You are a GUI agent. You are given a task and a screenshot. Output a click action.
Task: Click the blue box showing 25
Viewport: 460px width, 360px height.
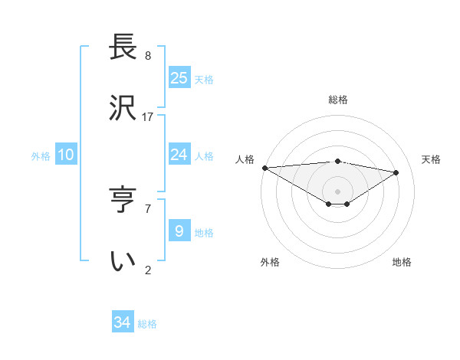[x=179, y=77]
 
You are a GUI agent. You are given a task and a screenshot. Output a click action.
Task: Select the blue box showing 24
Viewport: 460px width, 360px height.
[x=179, y=155]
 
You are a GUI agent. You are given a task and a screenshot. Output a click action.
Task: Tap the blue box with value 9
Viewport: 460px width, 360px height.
[x=179, y=231]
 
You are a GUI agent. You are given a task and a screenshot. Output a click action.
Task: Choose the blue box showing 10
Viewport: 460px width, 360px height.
[x=66, y=155]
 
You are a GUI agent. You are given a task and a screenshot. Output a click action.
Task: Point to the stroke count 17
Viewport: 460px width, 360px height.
[x=148, y=117]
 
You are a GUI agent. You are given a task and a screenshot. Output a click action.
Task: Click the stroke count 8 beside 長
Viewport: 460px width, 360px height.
[x=148, y=56]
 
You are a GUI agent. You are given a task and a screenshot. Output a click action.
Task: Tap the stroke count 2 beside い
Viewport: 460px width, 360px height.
[x=148, y=270]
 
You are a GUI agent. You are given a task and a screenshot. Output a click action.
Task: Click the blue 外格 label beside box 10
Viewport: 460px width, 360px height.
[x=41, y=156]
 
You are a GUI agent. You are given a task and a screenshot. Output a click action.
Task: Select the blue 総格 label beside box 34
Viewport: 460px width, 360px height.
[x=147, y=324]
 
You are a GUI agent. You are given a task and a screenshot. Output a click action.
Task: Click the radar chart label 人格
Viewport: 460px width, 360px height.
[x=245, y=159]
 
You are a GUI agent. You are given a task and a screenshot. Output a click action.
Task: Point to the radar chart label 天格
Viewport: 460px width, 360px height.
[x=432, y=159]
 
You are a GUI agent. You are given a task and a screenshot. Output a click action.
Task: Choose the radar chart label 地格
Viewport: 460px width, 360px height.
[x=402, y=262]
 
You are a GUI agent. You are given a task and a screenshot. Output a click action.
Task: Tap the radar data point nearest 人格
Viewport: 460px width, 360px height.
[x=264, y=168]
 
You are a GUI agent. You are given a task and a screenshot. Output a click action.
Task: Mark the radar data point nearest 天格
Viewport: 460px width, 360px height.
[x=396, y=172]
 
